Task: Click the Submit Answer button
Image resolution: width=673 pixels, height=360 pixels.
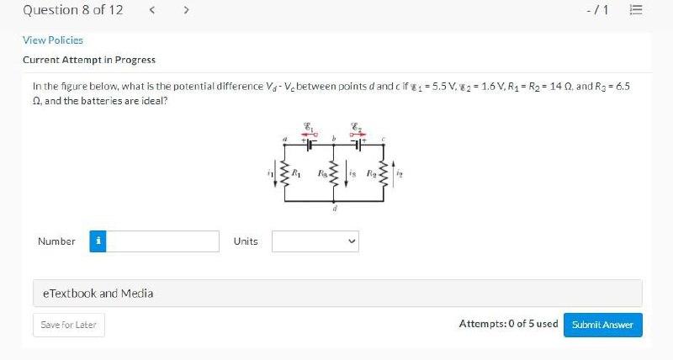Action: (x=602, y=325)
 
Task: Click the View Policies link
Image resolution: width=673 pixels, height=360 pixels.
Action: (x=52, y=40)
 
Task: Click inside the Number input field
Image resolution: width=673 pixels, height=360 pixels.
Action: (x=163, y=241)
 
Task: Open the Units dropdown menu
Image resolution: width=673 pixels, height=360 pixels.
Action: (x=315, y=241)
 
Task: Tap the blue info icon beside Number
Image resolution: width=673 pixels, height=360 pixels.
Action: (x=98, y=241)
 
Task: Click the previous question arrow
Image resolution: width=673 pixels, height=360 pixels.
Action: (x=151, y=10)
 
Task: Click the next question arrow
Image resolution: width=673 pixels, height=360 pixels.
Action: (x=185, y=10)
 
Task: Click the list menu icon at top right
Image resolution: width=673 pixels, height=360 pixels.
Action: (x=636, y=10)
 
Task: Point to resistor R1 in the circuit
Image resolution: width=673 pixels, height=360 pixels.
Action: (x=284, y=174)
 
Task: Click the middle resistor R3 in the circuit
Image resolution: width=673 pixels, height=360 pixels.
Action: (x=334, y=174)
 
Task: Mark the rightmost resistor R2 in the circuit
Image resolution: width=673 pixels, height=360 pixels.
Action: (x=384, y=174)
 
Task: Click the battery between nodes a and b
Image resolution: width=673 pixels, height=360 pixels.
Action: (x=310, y=144)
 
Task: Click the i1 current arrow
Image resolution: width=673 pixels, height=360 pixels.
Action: (x=273, y=175)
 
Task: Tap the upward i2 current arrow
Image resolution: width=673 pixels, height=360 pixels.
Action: (x=396, y=175)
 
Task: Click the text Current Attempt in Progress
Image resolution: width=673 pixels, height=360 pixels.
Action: (x=89, y=60)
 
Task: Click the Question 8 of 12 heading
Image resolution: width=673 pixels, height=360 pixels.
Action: (x=72, y=10)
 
